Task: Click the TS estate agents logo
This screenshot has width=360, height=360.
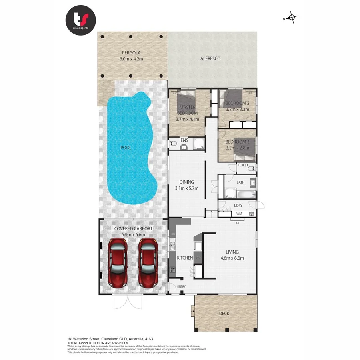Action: [x=81, y=20]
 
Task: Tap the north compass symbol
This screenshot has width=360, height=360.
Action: [x=292, y=18]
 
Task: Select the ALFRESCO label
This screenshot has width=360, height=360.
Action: [x=210, y=58]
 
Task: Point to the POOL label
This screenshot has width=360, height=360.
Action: [x=126, y=148]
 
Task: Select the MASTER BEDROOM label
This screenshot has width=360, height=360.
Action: [x=187, y=110]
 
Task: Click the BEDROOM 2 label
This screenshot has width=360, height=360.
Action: [x=237, y=103]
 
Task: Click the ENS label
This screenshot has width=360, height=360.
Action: [x=184, y=140]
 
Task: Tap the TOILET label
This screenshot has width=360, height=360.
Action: [x=243, y=165]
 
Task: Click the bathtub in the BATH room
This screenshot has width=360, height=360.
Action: [x=244, y=195]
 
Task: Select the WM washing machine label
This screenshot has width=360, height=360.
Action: [x=239, y=214]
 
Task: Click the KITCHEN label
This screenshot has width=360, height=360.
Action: [x=185, y=258]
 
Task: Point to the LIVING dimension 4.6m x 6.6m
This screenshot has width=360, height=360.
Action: [x=232, y=258]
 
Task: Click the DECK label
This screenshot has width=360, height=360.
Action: [x=224, y=313]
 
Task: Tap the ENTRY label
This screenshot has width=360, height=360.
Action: [x=181, y=286]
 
